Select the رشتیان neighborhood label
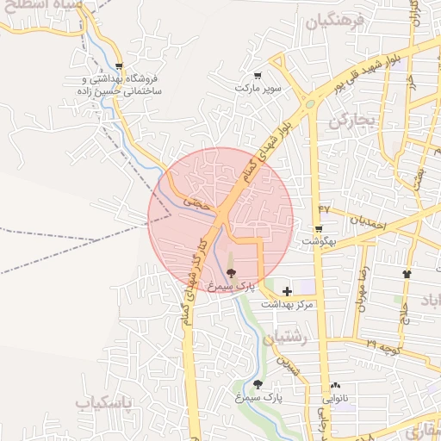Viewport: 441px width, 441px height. (288, 338)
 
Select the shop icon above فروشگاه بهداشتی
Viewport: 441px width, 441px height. (120, 65)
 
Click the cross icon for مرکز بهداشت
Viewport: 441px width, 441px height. (286, 292)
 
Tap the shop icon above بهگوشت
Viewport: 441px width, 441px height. (319, 229)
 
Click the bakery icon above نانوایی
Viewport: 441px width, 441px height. (335, 385)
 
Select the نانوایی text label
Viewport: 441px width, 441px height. (336, 399)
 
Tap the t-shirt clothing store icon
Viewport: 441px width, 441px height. (407, 274)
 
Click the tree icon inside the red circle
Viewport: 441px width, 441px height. (230, 272)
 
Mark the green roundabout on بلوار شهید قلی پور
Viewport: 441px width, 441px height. (308, 106)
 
